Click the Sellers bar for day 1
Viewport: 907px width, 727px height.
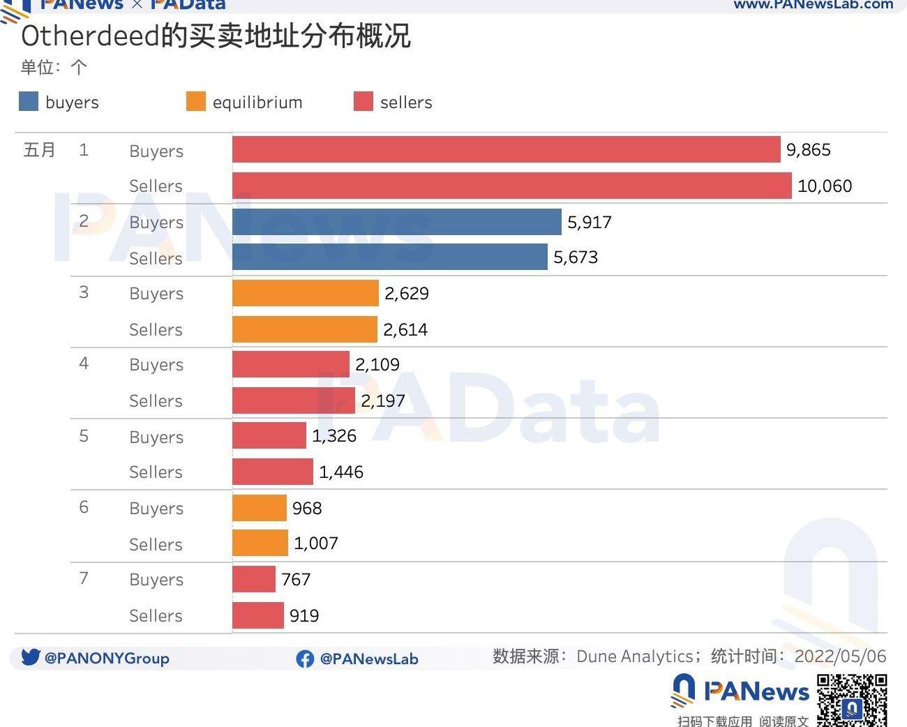click(x=511, y=186)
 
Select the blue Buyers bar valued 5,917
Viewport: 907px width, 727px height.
click(x=396, y=222)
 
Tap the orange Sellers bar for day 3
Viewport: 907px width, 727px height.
click(x=304, y=329)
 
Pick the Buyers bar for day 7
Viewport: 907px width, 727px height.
click(x=254, y=579)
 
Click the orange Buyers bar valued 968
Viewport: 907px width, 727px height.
click(x=259, y=508)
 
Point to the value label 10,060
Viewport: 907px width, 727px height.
click(x=824, y=186)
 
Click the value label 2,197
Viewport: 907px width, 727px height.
click(x=382, y=400)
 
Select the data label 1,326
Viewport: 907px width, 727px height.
click(x=333, y=436)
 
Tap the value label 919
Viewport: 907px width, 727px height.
click(x=304, y=615)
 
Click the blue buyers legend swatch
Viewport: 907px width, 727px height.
click(x=29, y=102)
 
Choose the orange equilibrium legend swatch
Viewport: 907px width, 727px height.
click(x=196, y=102)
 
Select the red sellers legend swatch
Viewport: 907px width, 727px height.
click(x=363, y=102)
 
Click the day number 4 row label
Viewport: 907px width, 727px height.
click(x=84, y=363)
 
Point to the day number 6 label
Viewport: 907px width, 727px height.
click(x=84, y=507)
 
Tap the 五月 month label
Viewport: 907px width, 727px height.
click(x=39, y=150)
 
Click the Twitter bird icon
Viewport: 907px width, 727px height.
click(x=30, y=657)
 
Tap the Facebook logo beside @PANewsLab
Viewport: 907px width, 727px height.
click(x=305, y=659)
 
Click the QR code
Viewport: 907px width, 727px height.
click(x=852, y=700)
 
